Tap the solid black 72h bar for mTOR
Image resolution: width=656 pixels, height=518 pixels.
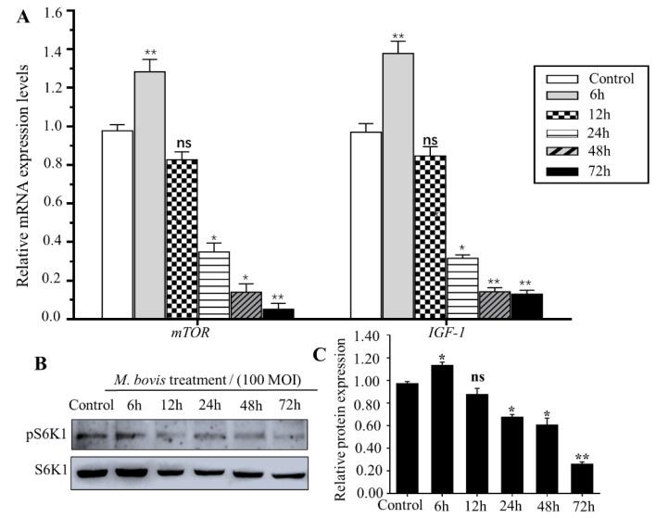pos(278,313)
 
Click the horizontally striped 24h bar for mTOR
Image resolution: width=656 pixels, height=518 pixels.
pos(214,284)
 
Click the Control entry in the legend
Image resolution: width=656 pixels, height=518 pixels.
pos(608,79)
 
